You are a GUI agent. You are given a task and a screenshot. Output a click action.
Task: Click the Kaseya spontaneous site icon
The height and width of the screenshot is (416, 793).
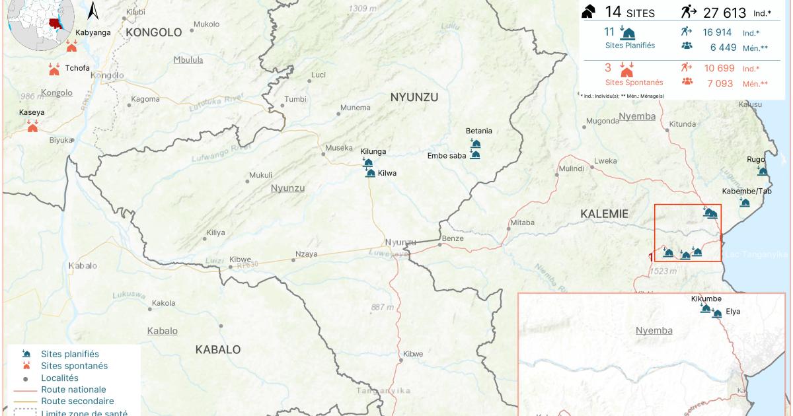click(x=32, y=127)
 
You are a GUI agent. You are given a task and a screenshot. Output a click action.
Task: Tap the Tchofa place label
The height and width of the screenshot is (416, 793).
click(x=77, y=68)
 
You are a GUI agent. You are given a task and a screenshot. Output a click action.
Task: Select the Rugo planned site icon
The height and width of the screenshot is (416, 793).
click(x=763, y=172)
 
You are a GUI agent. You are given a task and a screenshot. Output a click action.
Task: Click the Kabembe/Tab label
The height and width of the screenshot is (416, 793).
click(x=747, y=191)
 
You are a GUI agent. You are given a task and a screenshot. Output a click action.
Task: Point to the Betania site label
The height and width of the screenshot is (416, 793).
click(x=478, y=131)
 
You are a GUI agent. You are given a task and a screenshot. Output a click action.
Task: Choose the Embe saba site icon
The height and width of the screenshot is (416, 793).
click(x=475, y=155)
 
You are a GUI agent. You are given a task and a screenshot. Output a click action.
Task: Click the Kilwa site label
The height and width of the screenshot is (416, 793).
click(x=387, y=173)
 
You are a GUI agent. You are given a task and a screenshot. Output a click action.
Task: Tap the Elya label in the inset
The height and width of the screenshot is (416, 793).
click(x=733, y=311)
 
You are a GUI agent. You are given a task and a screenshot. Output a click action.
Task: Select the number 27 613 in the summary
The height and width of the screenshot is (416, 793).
click(x=724, y=13)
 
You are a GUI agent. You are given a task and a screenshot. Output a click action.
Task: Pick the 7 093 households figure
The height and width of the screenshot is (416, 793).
click(x=720, y=83)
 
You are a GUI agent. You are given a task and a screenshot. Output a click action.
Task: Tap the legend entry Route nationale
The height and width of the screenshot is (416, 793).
click(x=73, y=390)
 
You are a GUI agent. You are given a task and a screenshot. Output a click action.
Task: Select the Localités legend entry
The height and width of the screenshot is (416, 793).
click(x=59, y=378)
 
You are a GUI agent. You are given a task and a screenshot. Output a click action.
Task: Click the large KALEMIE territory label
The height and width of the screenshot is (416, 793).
click(x=603, y=213)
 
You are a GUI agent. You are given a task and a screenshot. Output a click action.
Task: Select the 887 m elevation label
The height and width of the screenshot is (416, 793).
click(x=382, y=307)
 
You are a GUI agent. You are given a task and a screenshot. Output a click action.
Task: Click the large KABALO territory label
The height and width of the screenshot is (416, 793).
click(x=218, y=349)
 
